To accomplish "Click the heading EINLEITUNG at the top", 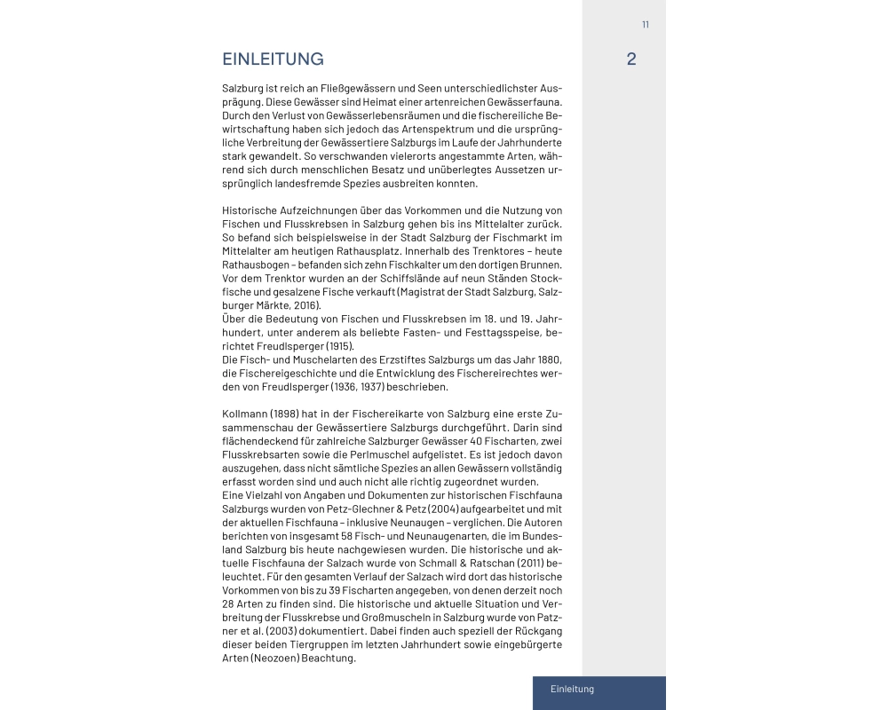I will tap(273, 59).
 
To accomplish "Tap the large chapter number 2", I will tap(630, 59).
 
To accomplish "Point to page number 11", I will tap(646, 24).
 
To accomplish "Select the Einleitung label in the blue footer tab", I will tap(572, 689).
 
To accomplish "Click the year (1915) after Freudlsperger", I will tap(338, 345).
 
